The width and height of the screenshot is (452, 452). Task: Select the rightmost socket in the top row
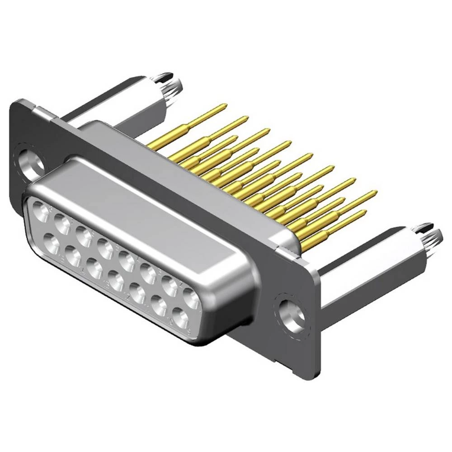point(191,297)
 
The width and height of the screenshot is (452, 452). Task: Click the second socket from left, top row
point(61,222)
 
